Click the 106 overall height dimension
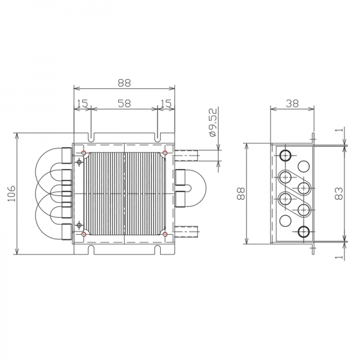click(11, 194)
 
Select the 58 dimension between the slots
click(124, 103)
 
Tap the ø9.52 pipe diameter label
click(213, 122)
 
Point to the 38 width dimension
click(293, 103)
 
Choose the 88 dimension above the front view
click(124, 83)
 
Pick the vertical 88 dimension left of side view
click(241, 193)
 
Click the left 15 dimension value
click(83, 103)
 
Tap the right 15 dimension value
click(166, 103)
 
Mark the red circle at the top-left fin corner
click(84, 152)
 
